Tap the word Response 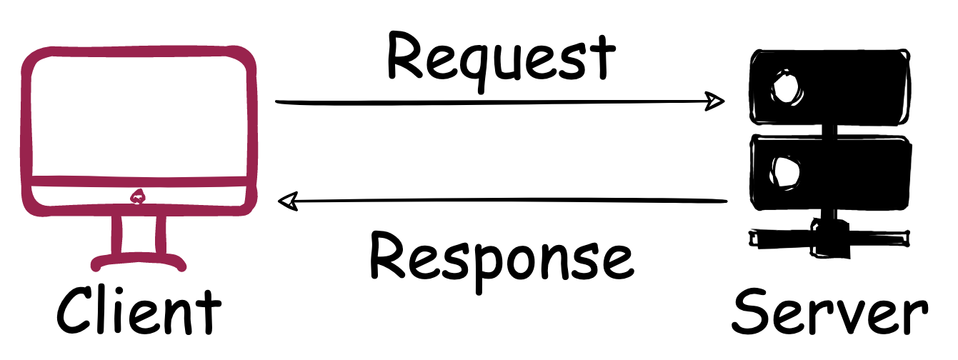[501, 259]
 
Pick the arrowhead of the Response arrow [288, 202]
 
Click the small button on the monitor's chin [137, 195]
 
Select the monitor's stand [138, 243]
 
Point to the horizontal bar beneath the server [829, 234]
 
